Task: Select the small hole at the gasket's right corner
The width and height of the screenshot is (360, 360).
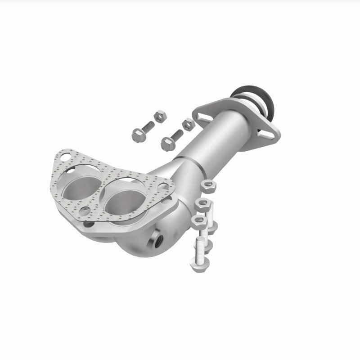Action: (x=165, y=186)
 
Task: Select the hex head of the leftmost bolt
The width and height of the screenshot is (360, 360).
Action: (x=137, y=134)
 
